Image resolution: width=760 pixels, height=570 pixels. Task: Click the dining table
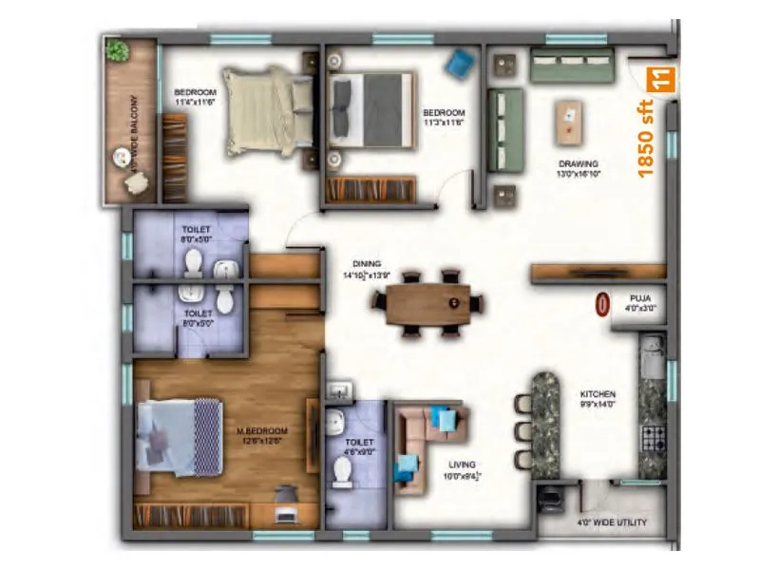click(x=427, y=304)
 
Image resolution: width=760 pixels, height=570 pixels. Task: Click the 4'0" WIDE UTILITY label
click(x=611, y=523)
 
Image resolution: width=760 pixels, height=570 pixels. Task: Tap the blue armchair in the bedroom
click(x=459, y=63)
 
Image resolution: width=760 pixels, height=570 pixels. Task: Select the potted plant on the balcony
click(x=119, y=52)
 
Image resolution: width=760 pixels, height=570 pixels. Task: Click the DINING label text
click(x=366, y=264)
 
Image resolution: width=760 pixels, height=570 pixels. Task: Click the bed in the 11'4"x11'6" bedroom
click(x=261, y=109)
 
